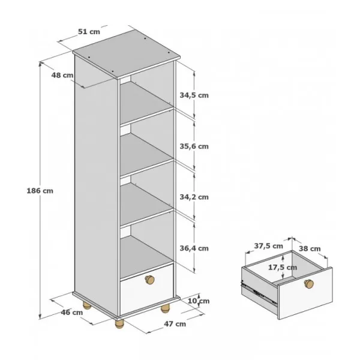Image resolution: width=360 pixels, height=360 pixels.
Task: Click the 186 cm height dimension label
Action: pyautogui.click(x=40, y=191)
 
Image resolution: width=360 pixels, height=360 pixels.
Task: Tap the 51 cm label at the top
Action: pyautogui.click(x=89, y=31)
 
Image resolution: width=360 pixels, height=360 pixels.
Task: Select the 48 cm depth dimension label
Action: pyautogui.click(x=62, y=75)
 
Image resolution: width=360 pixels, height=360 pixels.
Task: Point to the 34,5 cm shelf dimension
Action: pyautogui.click(x=194, y=95)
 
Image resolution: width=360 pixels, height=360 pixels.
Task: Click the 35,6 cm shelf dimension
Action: pyautogui.click(x=194, y=146)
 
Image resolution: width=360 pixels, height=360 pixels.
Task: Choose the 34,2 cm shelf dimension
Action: pyautogui.click(x=194, y=197)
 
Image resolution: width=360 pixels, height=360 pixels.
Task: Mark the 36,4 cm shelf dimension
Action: pyautogui.click(x=194, y=248)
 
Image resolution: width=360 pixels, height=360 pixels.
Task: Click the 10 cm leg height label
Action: pyautogui.click(x=199, y=301)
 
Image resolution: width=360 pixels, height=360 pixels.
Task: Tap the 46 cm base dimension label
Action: pyautogui.click(x=72, y=312)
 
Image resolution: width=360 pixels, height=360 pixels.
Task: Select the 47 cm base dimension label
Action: pyautogui.click(x=175, y=324)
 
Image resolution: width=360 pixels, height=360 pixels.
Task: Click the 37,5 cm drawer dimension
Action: pyautogui.click(x=268, y=246)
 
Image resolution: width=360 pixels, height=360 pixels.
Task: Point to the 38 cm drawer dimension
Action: pyautogui.click(x=310, y=248)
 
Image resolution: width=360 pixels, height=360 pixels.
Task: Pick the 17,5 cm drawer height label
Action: pyautogui.click(x=283, y=267)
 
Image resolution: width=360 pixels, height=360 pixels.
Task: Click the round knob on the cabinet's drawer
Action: pyautogui.click(x=149, y=280)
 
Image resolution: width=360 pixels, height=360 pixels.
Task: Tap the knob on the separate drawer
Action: pyautogui.click(x=309, y=284)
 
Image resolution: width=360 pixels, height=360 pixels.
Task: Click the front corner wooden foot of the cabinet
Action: pyautogui.click(x=119, y=323)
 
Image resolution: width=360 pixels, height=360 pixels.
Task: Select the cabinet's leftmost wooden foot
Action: pyautogui.click(x=87, y=306)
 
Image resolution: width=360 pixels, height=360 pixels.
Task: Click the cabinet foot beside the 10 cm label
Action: pyautogui.click(x=165, y=308)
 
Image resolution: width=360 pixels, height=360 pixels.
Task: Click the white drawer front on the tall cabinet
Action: pyautogui.click(x=147, y=290)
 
